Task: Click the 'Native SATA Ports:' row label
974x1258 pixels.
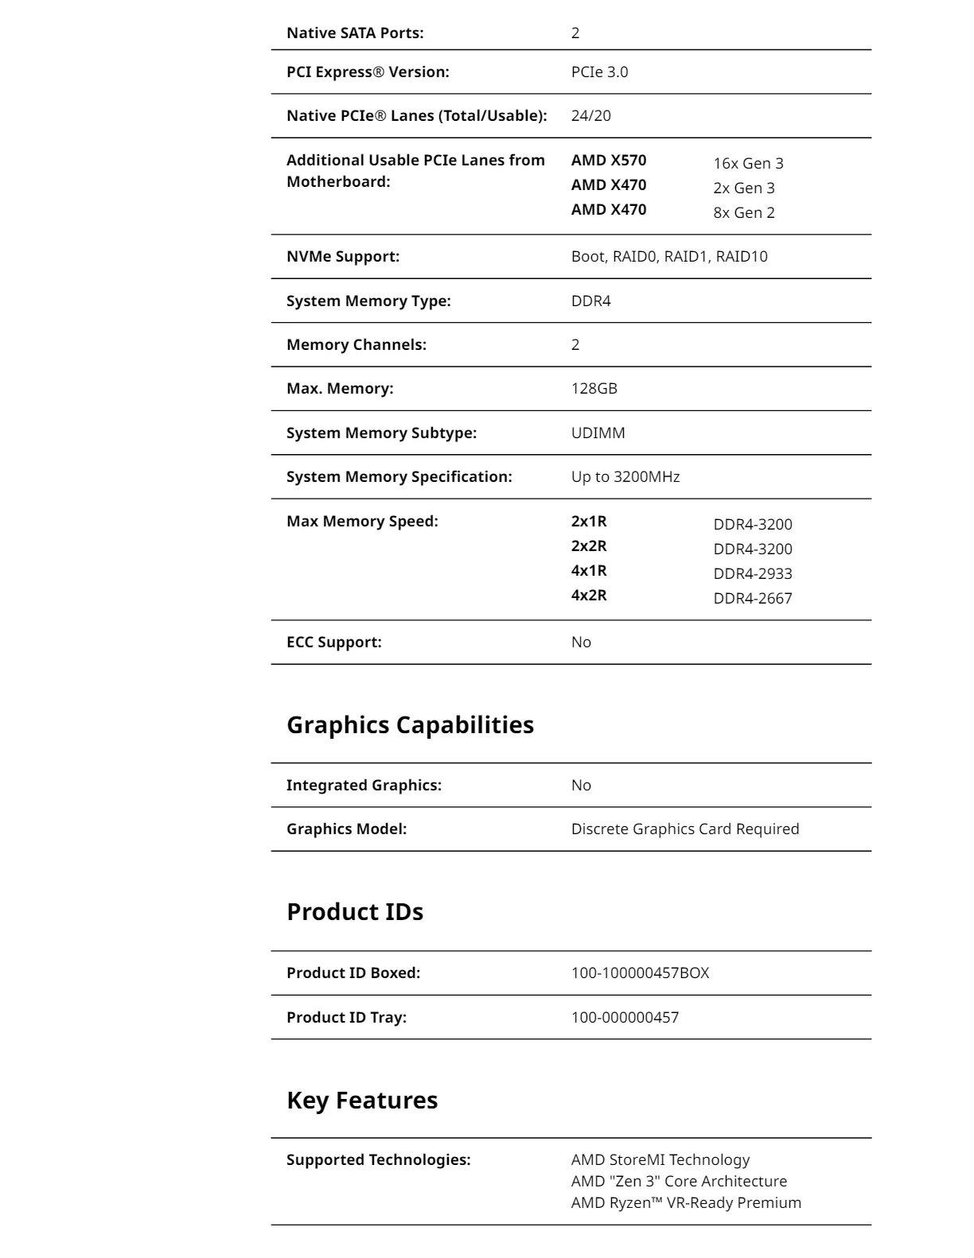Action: pyautogui.click(x=355, y=33)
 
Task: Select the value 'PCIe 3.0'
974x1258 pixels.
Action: pyautogui.click(x=599, y=72)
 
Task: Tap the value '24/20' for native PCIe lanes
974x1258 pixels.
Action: pyautogui.click(x=590, y=116)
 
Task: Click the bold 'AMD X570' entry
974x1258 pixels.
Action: pyautogui.click(x=609, y=161)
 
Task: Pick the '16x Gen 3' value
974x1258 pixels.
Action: pyautogui.click(x=748, y=164)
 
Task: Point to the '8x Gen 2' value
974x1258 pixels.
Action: pyautogui.click(x=743, y=213)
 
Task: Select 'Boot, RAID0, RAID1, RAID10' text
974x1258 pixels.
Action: pyautogui.click(x=669, y=257)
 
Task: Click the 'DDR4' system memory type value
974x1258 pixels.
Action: pyautogui.click(x=590, y=301)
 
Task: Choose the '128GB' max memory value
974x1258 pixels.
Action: pyautogui.click(x=594, y=389)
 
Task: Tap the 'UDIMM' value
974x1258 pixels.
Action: pyautogui.click(x=598, y=433)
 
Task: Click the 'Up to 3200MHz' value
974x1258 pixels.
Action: pyautogui.click(x=625, y=477)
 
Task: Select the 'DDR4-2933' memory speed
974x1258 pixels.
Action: pyautogui.click(x=753, y=574)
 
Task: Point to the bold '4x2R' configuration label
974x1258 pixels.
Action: pyautogui.click(x=589, y=596)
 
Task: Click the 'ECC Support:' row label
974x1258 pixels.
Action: pyautogui.click(x=334, y=643)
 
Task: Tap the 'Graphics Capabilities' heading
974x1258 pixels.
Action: pyautogui.click(x=410, y=725)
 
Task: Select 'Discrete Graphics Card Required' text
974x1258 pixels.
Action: pyautogui.click(x=685, y=829)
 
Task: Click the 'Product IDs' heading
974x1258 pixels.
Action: pyautogui.click(x=355, y=912)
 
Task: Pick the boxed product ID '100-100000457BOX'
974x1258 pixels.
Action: pyautogui.click(x=640, y=973)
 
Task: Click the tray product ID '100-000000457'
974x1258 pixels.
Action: pyautogui.click(x=625, y=1018)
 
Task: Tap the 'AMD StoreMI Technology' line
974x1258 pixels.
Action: pyautogui.click(x=660, y=1160)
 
